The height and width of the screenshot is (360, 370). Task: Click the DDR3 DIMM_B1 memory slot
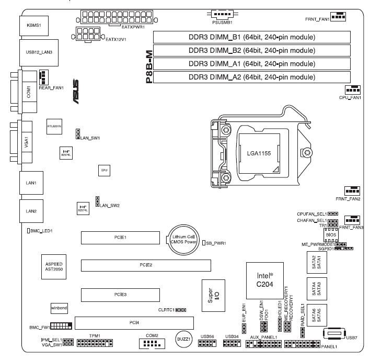(251, 37)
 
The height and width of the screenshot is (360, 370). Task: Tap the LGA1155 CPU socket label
(259, 153)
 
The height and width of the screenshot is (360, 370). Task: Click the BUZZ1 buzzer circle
(181, 339)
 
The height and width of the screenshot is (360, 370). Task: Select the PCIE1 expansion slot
(120, 238)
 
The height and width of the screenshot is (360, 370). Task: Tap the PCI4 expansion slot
(133, 322)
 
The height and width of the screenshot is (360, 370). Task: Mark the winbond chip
(59, 308)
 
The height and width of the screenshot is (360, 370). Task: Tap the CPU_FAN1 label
(350, 98)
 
